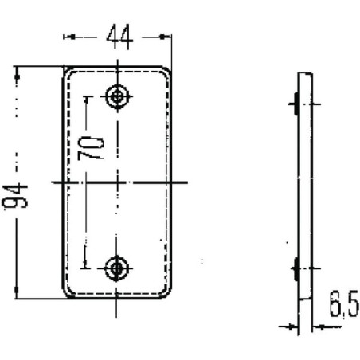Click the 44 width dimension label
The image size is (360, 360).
click(x=119, y=37)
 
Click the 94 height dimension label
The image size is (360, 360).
click(x=15, y=196)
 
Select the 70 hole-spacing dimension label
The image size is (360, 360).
click(x=91, y=148)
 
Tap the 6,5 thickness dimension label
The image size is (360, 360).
click(x=344, y=304)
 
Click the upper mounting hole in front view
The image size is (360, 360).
click(x=117, y=96)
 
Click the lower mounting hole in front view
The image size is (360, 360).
click(x=116, y=268)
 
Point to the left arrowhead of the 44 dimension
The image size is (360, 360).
click(x=70, y=37)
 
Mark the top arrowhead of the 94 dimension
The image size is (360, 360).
click(x=18, y=73)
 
